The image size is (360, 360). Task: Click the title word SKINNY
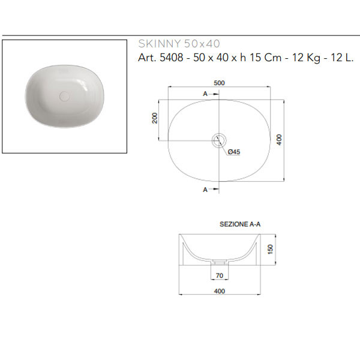click(160, 44)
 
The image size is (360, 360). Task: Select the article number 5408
click(171, 58)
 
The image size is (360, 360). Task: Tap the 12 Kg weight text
click(306, 58)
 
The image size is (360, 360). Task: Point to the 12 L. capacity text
click(342, 58)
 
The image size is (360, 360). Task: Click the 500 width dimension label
click(219, 83)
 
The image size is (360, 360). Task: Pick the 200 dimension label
click(155, 118)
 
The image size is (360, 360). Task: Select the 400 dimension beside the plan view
click(279, 140)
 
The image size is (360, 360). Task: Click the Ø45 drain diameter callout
click(234, 152)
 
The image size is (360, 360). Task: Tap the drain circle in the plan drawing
click(219, 140)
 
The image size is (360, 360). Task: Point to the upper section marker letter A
click(205, 94)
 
